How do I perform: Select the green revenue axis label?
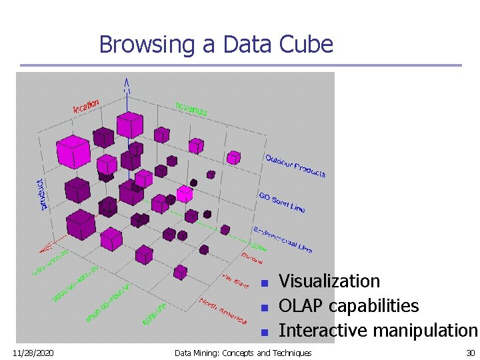pos(191,109)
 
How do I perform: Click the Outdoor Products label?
pos(295,165)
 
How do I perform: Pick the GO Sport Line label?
pos(281,202)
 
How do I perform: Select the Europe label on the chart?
pos(252,257)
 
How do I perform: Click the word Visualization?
pos(329,281)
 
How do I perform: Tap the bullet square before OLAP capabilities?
pos(264,307)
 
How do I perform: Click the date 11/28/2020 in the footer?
pos(33,353)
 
